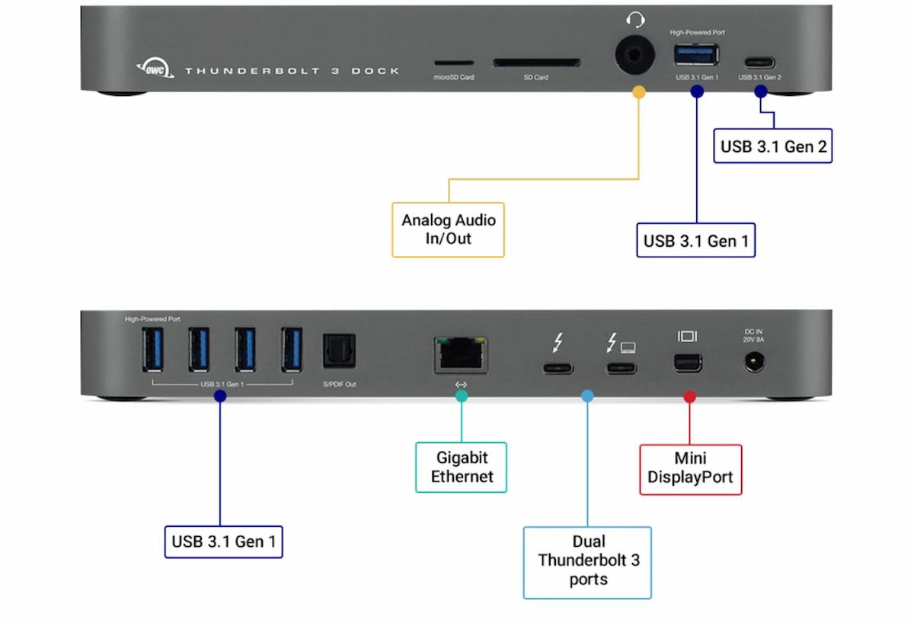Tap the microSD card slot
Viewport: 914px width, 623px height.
coord(453,64)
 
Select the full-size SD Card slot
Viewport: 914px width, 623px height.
coord(535,63)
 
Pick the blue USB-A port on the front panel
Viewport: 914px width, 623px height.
coord(695,55)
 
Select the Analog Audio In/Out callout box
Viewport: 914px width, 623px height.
coord(448,229)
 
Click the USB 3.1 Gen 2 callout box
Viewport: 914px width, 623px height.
coord(773,145)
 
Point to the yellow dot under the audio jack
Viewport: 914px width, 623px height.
coord(638,92)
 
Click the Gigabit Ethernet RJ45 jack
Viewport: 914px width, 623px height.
coord(461,354)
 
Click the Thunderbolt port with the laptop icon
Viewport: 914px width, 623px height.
coord(621,369)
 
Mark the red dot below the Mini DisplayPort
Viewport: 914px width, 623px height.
coord(689,397)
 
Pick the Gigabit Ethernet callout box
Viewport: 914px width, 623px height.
coord(461,467)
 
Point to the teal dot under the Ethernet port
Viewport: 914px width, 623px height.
coord(461,397)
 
